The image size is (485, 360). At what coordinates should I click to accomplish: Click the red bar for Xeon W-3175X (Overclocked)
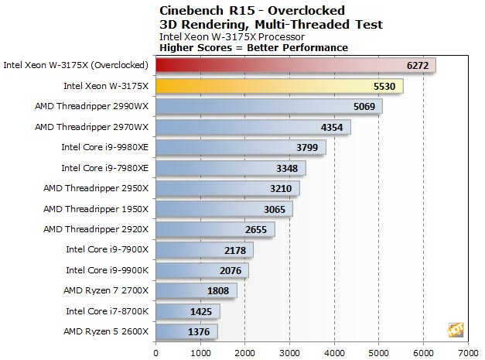(294, 65)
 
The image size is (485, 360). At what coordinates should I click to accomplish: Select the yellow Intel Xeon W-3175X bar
(278, 86)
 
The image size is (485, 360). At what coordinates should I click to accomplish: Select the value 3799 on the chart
(306, 147)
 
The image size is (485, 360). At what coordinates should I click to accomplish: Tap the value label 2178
(234, 250)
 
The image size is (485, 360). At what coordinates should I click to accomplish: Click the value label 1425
(200, 312)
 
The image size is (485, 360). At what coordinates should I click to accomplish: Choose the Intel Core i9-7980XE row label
(104, 168)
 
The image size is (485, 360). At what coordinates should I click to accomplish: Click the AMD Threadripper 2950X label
(95, 188)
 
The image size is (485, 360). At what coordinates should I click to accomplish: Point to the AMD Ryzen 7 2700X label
(106, 291)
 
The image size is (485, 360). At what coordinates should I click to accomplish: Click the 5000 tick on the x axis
(378, 350)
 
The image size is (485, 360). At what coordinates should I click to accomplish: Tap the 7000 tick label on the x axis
(467, 350)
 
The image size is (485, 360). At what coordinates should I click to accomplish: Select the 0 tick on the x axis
(156, 350)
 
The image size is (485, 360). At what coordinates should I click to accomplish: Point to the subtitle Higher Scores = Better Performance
(253, 47)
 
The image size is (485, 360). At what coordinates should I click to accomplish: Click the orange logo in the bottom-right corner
(455, 330)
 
